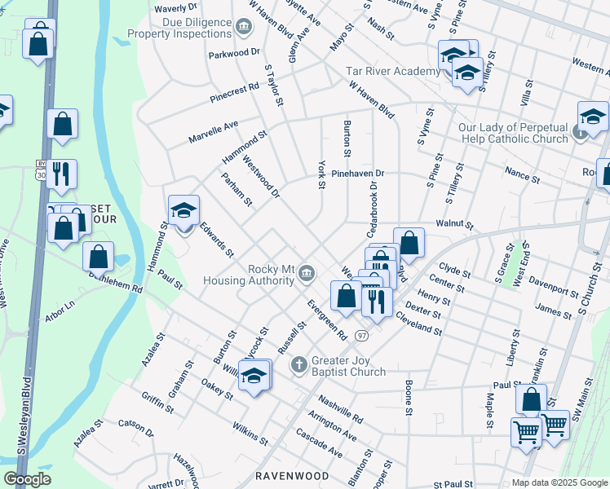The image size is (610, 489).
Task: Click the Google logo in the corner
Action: [27, 479]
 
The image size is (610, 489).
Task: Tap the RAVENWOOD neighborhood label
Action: [292, 475]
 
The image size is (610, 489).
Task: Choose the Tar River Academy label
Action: [393, 72]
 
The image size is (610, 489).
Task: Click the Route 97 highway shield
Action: [361, 336]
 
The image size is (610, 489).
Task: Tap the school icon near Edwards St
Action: [183, 212]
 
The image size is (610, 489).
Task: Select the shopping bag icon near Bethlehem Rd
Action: [98, 257]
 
